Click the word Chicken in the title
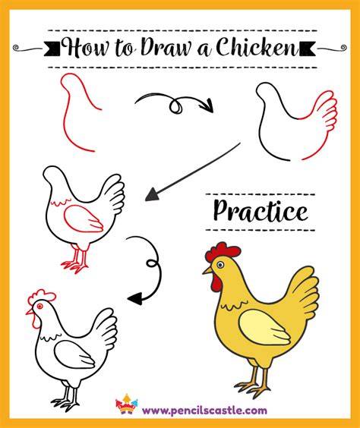(257, 47)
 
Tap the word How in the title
(85, 48)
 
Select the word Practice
(261, 211)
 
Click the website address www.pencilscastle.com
(204, 410)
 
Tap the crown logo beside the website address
(127, 404)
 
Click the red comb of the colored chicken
(223, 251)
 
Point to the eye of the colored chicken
(220, 265)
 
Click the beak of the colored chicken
(207, 270)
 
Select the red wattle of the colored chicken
(216, 283)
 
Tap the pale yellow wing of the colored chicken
(264, 326)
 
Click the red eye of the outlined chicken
(40, 306)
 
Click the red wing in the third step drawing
(83, 219)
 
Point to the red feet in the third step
(75, 260)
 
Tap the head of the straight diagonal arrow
(152, 194)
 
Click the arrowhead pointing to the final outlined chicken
(135, 298)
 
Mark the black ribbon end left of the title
(52, 49)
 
